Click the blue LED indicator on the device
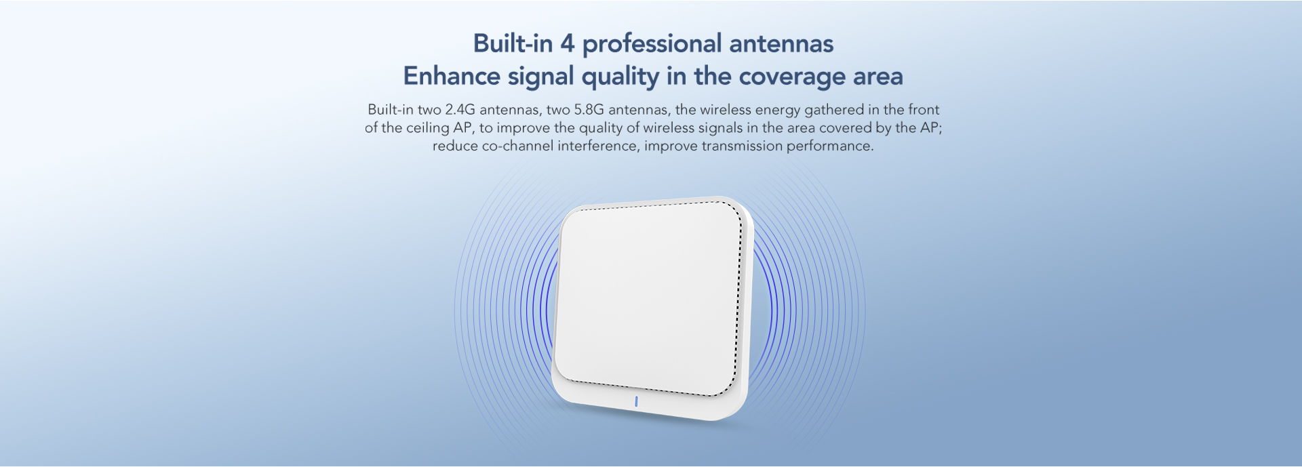636,401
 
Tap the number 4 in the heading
567,44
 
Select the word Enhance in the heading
452,76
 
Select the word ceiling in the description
429,129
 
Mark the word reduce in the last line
455,146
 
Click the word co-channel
518,146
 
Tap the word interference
597,146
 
